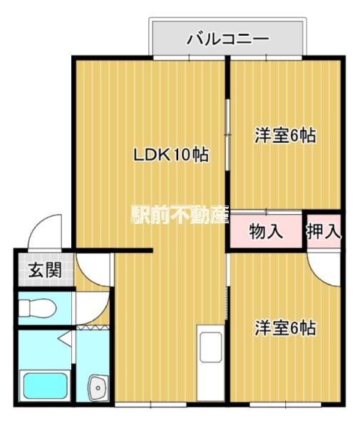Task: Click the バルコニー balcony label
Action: coord(227,39)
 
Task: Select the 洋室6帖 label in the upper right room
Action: coord(285,135)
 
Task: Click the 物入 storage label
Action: coord(266,231)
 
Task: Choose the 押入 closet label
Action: coord(324,231)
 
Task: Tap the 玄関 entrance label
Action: coord(44,271)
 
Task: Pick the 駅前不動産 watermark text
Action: coord(179,214)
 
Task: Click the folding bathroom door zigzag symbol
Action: coord(93,327)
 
